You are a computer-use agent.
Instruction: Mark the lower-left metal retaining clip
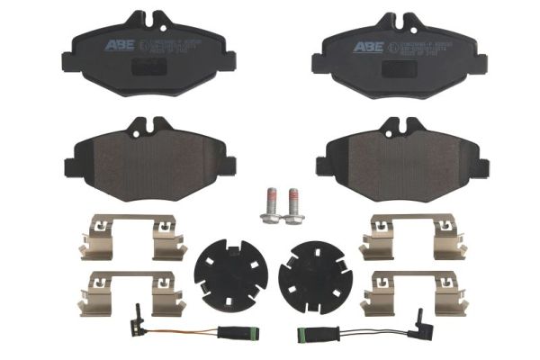click(131, 292)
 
